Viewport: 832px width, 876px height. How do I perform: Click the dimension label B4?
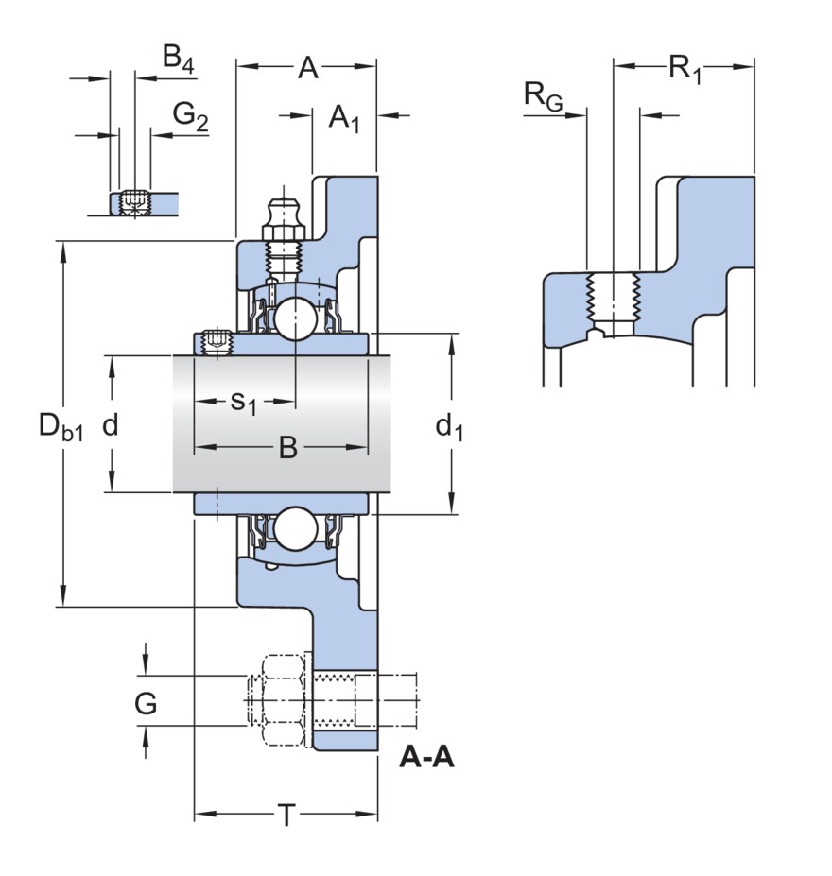click(178, 60)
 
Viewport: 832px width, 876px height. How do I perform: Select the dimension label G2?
click(190, 116)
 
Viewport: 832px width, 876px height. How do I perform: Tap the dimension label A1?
click(344, 118)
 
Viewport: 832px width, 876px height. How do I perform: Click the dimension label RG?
click(543, 96)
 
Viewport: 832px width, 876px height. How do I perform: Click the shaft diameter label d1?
click(449, 427)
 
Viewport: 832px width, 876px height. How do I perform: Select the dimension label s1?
click(244, 402)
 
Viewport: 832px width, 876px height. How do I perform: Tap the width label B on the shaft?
click(287, 448)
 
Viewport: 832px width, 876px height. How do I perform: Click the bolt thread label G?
click(146, 703)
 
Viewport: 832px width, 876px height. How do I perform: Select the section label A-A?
click(427, 757)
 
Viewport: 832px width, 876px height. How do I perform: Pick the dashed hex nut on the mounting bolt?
click(281, 701)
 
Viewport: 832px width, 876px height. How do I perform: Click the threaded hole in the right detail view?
click(613, 300)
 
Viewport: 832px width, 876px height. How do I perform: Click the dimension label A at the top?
click(308, 68)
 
